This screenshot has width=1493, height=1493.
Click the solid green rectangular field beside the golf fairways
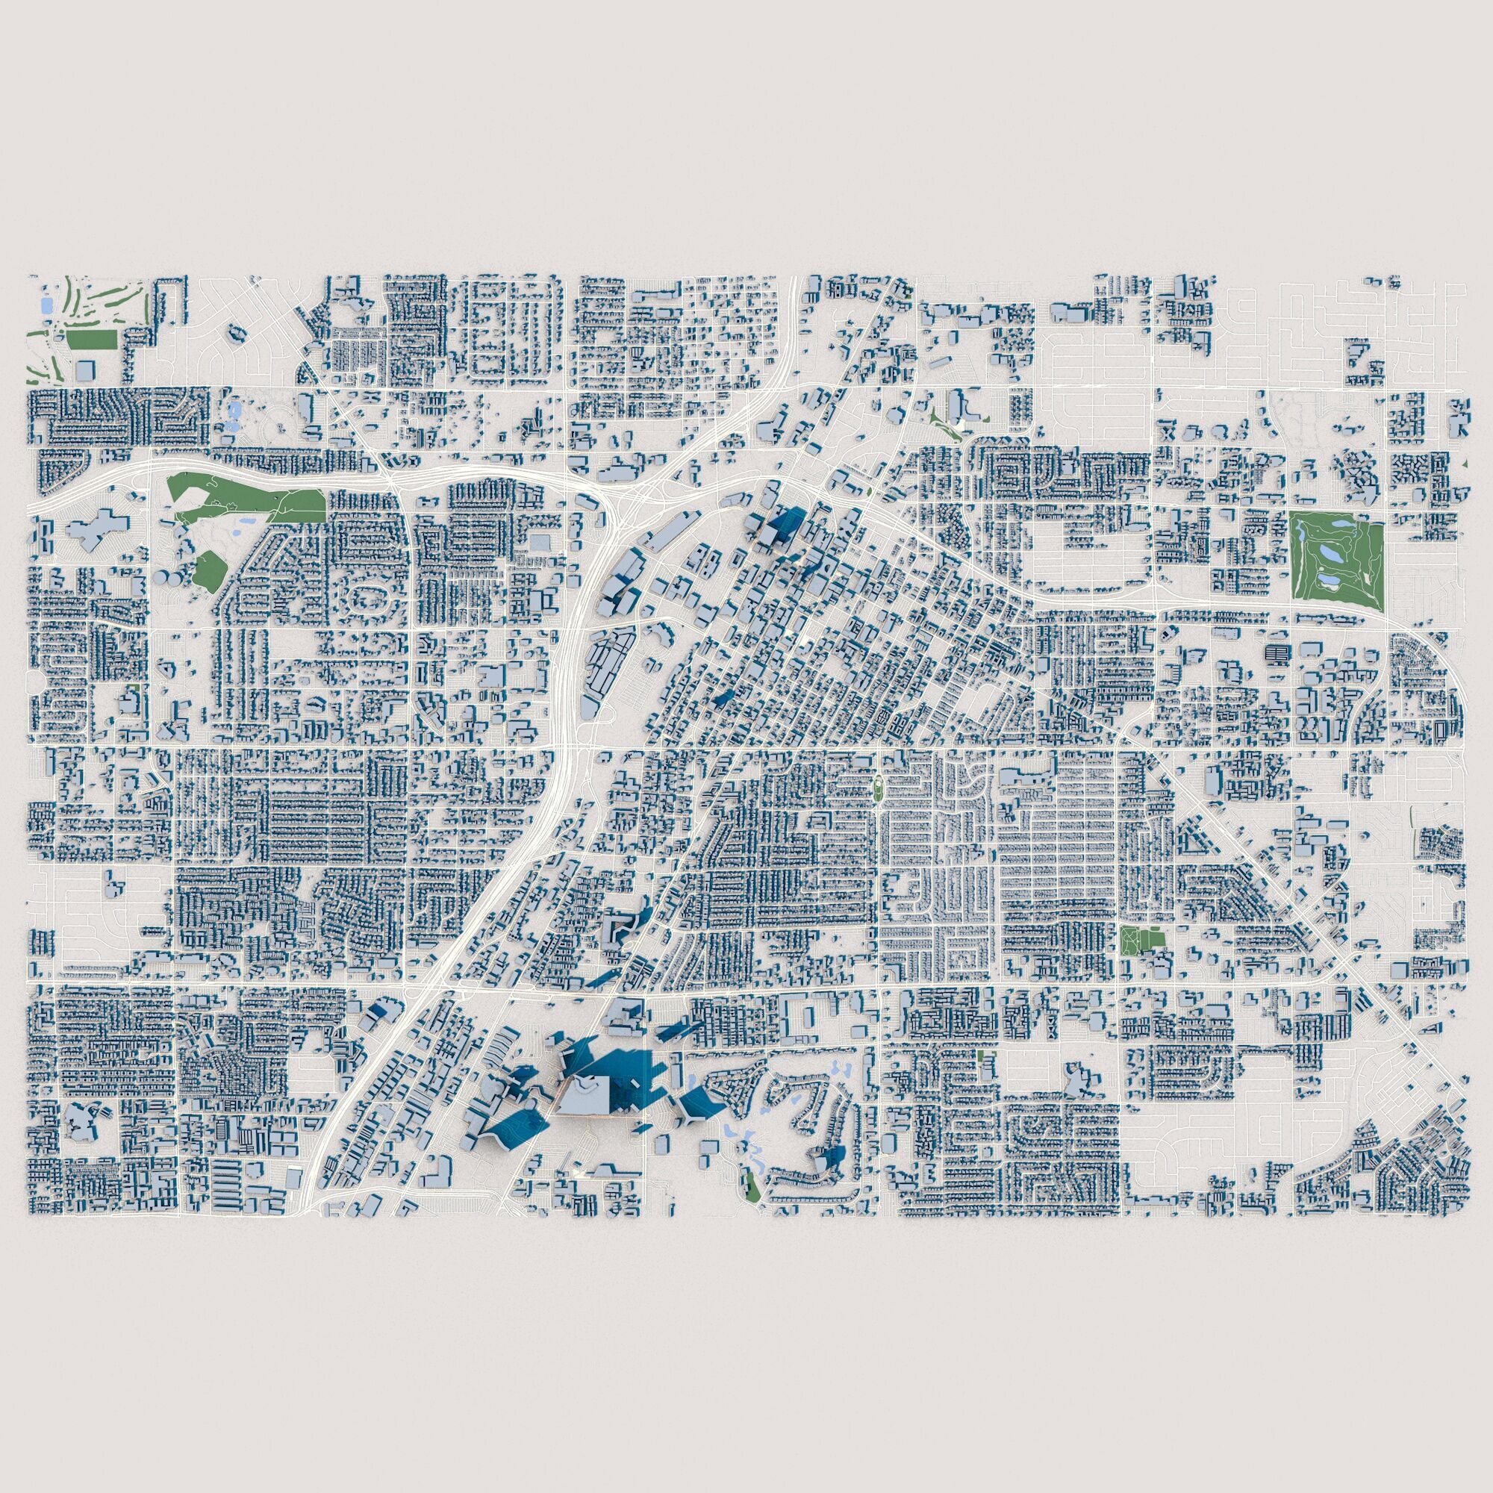(90, 339)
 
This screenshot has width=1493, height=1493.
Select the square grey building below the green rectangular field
(83, 370)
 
